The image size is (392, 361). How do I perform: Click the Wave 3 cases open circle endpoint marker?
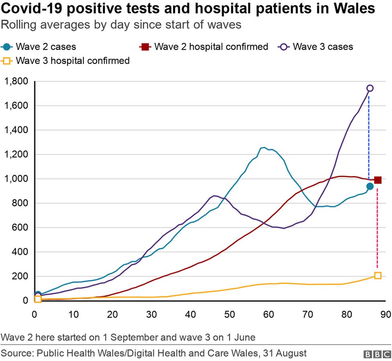tap(370, 88)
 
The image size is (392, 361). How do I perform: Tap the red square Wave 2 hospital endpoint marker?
tap(378, 180)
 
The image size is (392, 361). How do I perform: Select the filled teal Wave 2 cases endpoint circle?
tap(370, 187)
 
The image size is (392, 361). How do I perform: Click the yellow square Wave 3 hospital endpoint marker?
tap(378, 276)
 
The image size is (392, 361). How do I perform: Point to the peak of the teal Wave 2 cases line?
tap(264, 148)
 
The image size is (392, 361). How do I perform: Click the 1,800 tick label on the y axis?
tap(16, 81)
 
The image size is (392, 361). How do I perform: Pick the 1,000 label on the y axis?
tap(16, 179)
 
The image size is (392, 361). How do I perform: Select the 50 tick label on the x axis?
tap(230, 313)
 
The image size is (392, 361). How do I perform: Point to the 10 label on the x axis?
tap(73, 313)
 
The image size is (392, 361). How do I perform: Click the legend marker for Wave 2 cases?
tap(7, 47)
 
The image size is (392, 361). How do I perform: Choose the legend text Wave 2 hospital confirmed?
tap(211, 47)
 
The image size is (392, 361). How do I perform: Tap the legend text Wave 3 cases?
tap(323, 47)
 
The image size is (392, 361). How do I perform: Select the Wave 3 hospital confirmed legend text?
tap(73, 61)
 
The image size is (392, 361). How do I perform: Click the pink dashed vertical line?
tap(377, 229)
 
